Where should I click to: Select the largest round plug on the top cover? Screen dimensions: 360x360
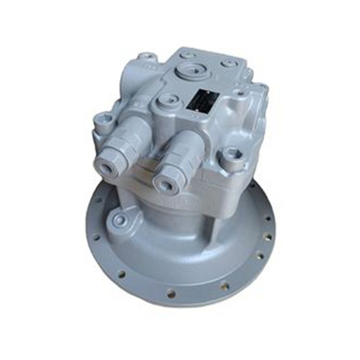[x=192, y=72]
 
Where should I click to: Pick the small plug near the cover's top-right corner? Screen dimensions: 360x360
[x=227, y=63]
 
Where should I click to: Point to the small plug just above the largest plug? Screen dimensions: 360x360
[x=188, y=55]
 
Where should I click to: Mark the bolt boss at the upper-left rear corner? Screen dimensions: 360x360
[x=145, y=59]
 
